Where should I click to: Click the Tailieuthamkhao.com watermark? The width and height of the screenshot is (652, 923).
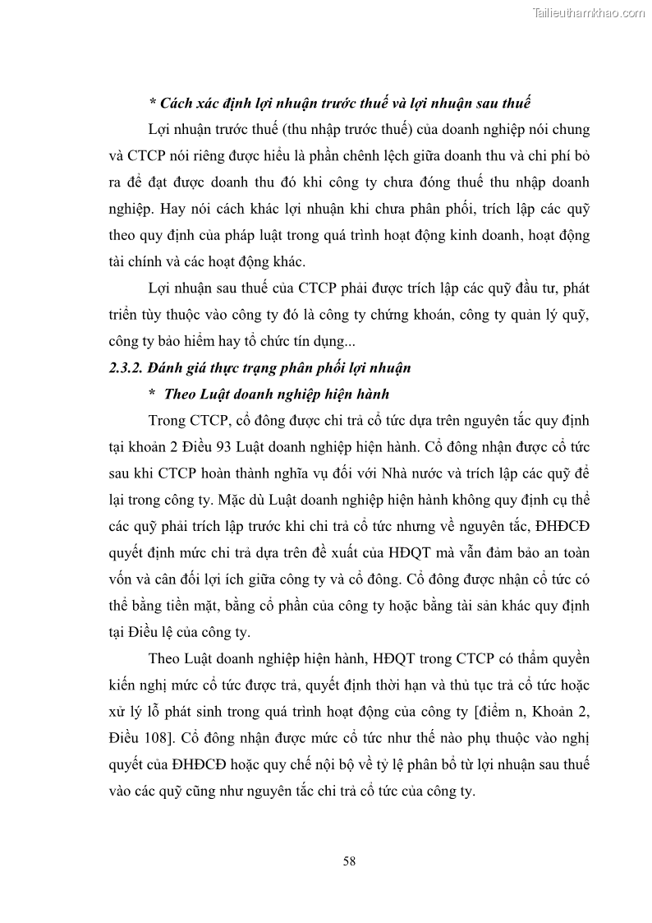click(x=589, y=12)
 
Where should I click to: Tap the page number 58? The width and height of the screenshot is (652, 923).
click(x=349, y=861)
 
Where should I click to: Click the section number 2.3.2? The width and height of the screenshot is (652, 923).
click(x=126, y=368)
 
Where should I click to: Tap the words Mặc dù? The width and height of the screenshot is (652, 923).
click(x=240, y=501)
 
